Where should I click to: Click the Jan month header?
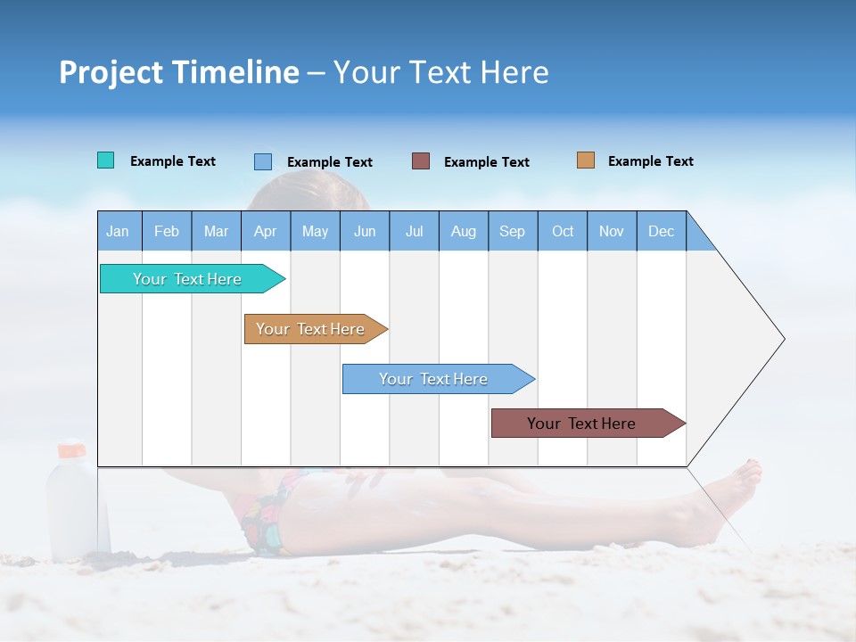119,231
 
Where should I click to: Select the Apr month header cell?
266,231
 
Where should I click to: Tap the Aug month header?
464,231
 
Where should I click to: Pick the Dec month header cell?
662,231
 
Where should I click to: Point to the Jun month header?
365,231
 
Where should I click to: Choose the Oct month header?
563,231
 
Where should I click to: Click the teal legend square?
105,160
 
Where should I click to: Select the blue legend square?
262,161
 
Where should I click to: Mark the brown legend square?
420,160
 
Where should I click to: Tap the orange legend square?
585,160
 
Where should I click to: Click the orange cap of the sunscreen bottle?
70,449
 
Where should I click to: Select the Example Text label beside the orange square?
650,161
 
